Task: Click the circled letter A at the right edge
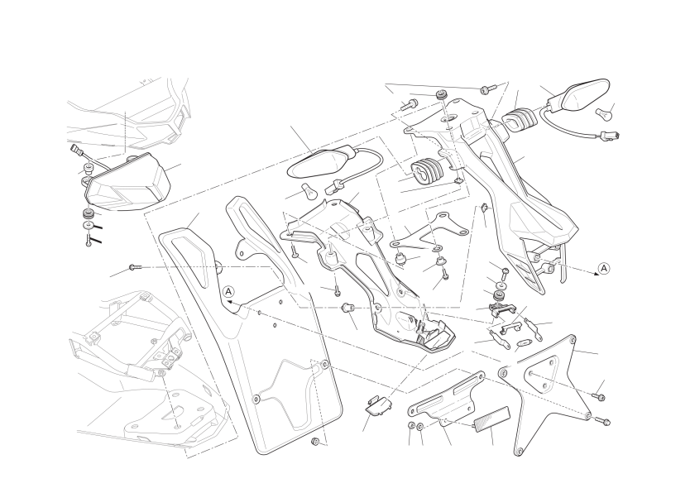(x=604, y=268)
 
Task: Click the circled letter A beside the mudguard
(x=228, y=291)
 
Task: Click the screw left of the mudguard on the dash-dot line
(x=135, y=266)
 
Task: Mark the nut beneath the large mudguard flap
(x=314, y=442)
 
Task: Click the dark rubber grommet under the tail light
(x=89, y=215)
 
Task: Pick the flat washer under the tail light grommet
(x=89, y=227)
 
